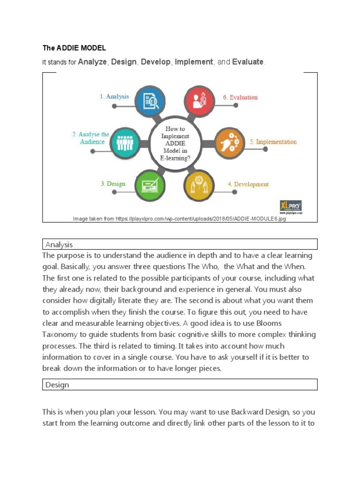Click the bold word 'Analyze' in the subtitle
pos(92,62)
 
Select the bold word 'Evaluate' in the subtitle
pos(248,62)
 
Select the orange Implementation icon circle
pos(227,141)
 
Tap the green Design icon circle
pos(150,183)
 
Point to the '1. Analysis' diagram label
pos(114,97)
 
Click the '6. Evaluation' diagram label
pos(240,97)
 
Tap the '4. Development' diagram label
pos(248,184)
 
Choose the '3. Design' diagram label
pos(113,184)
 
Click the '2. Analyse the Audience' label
pos(91,138)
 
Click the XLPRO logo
pos(291,206)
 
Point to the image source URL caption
pos(180,219)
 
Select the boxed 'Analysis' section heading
pos(59,244)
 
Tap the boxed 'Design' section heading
pos(57,385)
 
